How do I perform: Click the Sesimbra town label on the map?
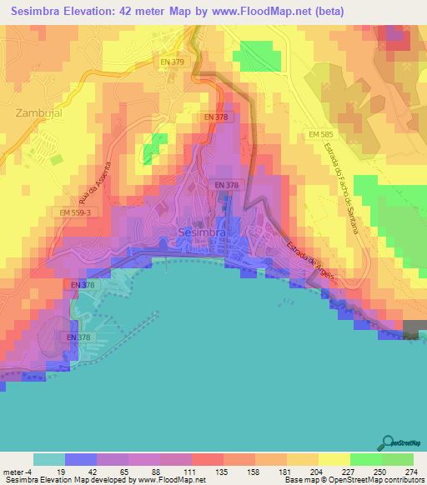click(203, 232)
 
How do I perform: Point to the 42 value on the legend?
click(96, 471)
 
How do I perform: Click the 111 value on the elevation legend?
click(191, 471)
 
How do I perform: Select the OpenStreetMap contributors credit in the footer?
click(376, 480)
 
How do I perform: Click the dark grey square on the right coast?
click(414, 329)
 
